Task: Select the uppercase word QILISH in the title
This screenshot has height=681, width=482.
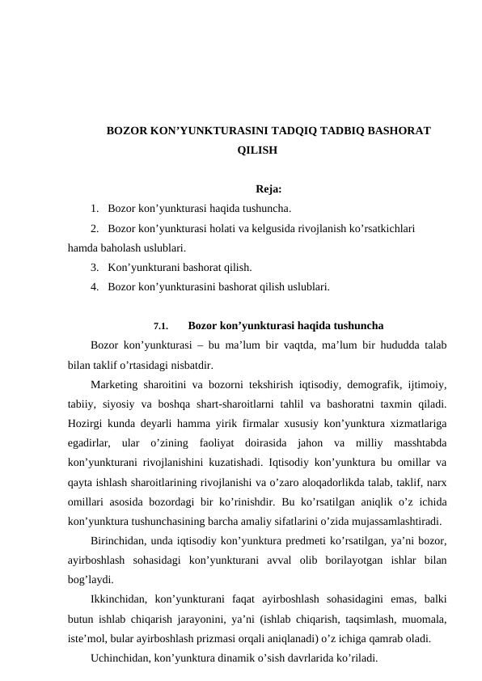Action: [256, 150]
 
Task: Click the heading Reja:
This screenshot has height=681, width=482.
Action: [268, 191]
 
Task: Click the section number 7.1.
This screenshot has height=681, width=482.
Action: [160, 328]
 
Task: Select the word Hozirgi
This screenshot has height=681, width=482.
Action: [87, 422]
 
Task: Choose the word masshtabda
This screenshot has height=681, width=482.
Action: [416, 442]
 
